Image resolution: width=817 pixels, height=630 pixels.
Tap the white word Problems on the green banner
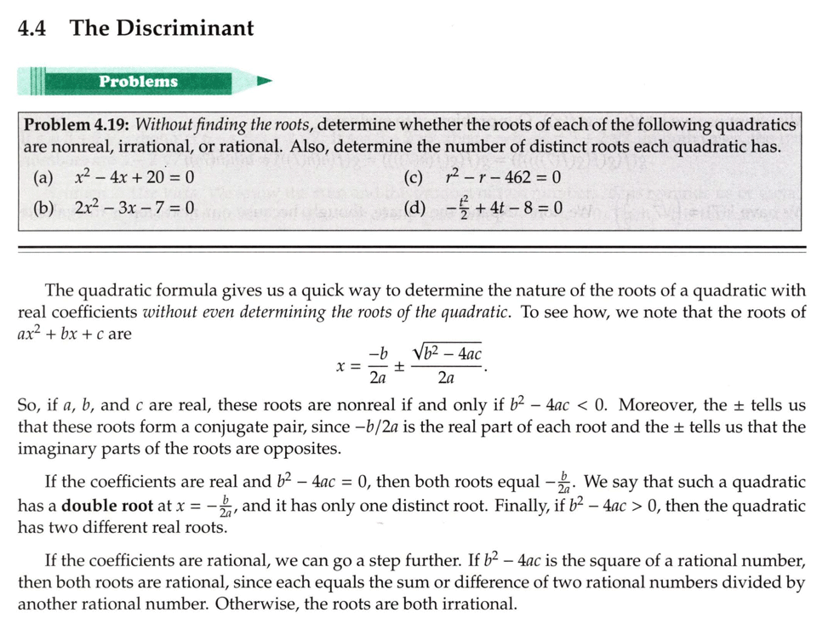click(x=138, y=82)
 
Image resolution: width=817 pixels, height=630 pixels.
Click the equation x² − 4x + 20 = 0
click(x=134, y=178)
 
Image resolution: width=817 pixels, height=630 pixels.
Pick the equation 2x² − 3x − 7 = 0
click(x=134, y=207)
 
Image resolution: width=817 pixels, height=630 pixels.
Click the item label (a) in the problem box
click(x=42, y=178)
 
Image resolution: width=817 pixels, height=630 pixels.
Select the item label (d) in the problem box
click(x=417, y=207)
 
